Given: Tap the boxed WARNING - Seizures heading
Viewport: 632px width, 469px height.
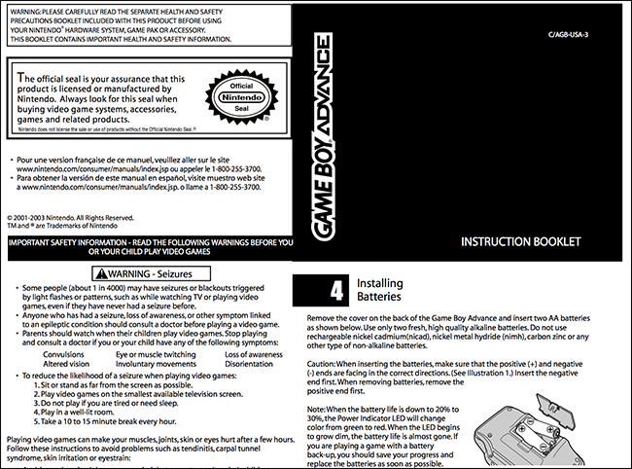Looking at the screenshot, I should click(145, 274).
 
